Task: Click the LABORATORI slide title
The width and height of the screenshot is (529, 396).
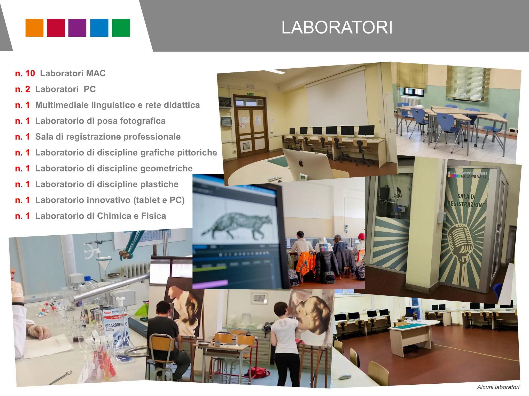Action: coord(337,27)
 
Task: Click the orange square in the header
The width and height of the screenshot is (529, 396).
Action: coord(34,28)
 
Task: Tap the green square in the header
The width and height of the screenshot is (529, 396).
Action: coord(121,28)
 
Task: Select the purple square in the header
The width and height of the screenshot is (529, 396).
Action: coord(77,28)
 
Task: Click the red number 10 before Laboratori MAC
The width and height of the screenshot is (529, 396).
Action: coord(30,73)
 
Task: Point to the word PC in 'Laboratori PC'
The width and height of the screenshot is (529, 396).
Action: coord(90,89)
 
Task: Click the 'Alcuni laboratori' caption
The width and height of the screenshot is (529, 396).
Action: coord(498,387)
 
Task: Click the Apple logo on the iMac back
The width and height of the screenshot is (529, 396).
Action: coord(301,163)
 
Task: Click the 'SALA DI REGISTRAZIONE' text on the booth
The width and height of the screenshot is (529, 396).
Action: coord(466,201)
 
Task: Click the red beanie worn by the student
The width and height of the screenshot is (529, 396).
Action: coord(361,236)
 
